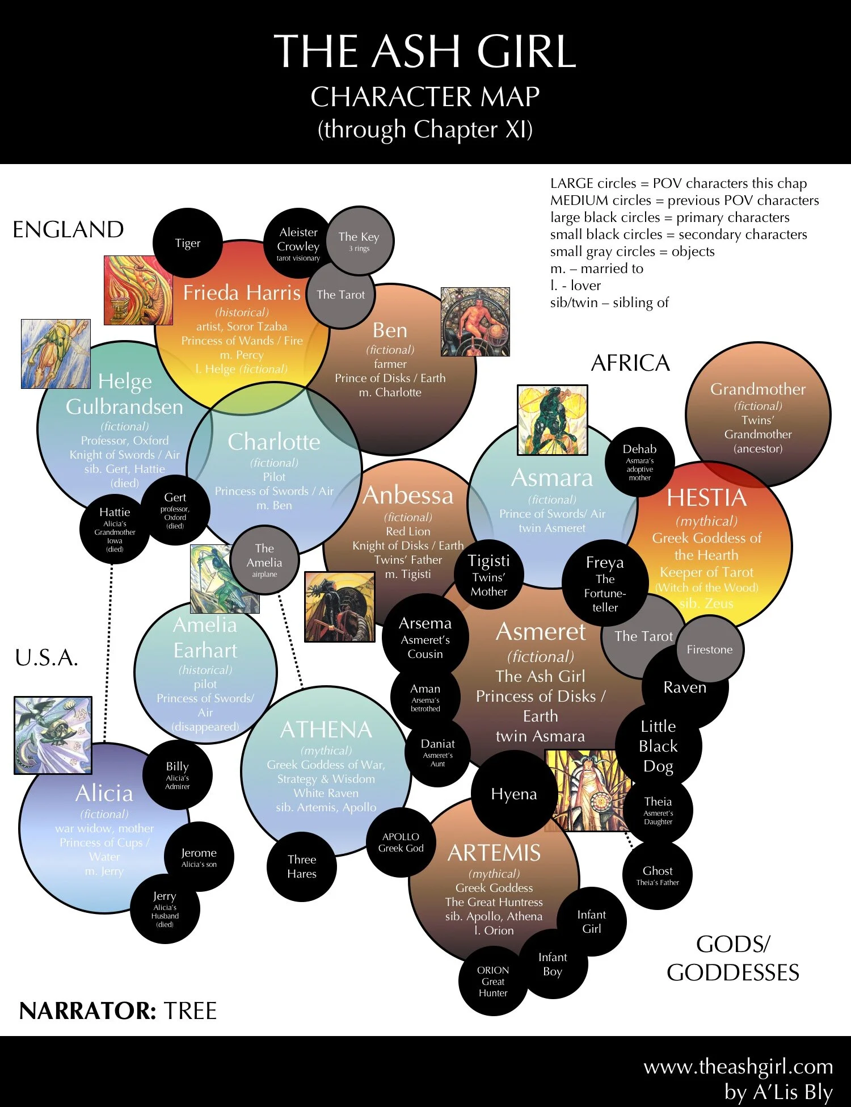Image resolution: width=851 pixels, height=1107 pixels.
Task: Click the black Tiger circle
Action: (187, 243)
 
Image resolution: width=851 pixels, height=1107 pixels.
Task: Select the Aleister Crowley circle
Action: (298, 244)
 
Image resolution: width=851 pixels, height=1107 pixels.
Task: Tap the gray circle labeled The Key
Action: (359, 240)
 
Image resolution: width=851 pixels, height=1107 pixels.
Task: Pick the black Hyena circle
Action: (513, 794)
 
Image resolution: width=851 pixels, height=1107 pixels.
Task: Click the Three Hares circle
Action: (302, 866)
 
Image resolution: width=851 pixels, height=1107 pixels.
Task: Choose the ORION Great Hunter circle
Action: (493, 981)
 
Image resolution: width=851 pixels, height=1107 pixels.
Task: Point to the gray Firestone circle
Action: (709, 649)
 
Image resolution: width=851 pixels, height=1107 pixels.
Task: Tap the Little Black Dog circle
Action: (658, 746)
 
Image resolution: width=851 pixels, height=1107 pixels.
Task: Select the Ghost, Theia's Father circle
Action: (658, 875)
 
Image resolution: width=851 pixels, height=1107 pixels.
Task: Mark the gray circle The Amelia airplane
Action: (264, 560)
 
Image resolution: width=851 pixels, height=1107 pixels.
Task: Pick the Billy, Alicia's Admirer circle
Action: (177, 774)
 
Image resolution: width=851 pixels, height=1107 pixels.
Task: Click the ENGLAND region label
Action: (68, 230)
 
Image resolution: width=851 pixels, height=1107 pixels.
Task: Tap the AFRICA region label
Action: (630, 363)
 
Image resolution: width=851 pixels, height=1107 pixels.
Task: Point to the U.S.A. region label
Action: (47, 658)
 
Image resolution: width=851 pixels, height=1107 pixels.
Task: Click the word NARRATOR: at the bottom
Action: (87, 1011)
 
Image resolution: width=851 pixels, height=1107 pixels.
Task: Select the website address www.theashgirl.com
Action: (738, 1067)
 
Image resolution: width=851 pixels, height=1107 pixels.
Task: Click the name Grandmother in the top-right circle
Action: (757, 389)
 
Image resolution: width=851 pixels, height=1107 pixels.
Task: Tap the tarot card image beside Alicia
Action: (53, 735)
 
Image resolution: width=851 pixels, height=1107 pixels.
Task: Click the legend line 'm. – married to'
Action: (596, 269)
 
